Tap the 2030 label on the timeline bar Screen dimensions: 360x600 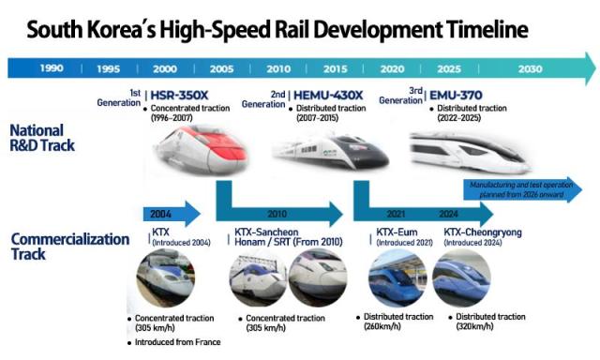(530, 68)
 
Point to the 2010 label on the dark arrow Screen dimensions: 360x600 (277, 214)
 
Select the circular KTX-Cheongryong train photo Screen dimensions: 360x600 (462, 278)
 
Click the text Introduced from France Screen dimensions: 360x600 (177, 342)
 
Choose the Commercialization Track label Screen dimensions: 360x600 (69, 247)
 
